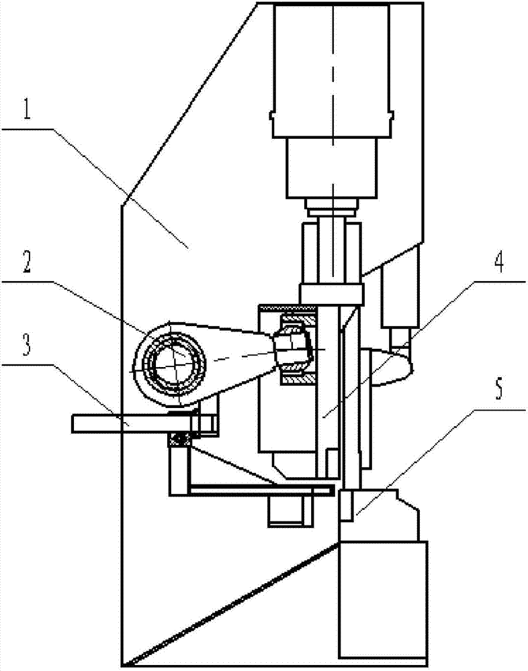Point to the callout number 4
[x=498, y=262]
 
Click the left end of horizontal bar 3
[x=73, y=423]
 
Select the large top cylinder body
[x=332, y=70]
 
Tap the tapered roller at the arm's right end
[x=292, y=350]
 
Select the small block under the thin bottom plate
[x=290, y=512]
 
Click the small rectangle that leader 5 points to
[x=346, y=506]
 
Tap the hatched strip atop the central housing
[x=287, y=307]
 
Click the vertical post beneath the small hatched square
[x=178, y=471]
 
